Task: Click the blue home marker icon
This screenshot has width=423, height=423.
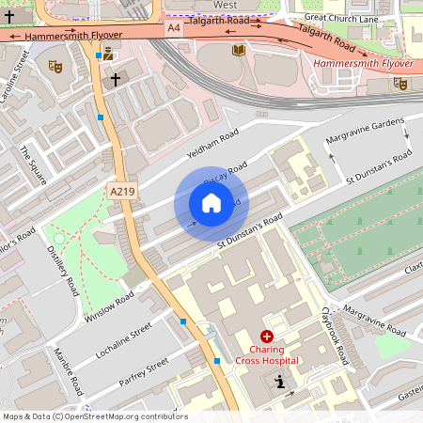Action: pos(211,203)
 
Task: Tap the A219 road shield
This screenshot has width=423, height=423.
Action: pos(122,191)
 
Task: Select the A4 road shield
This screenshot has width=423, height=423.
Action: pos(174,29)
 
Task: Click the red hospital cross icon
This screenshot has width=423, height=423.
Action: pos(267,336)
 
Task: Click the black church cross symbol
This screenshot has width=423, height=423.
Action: pos(116,80)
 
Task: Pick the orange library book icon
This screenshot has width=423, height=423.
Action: pos(239,50)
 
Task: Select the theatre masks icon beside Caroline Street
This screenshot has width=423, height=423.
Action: pos(55,67)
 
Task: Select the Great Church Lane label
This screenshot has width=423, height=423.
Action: pos(341,17)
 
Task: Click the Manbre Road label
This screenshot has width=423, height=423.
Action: pos(69,372)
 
